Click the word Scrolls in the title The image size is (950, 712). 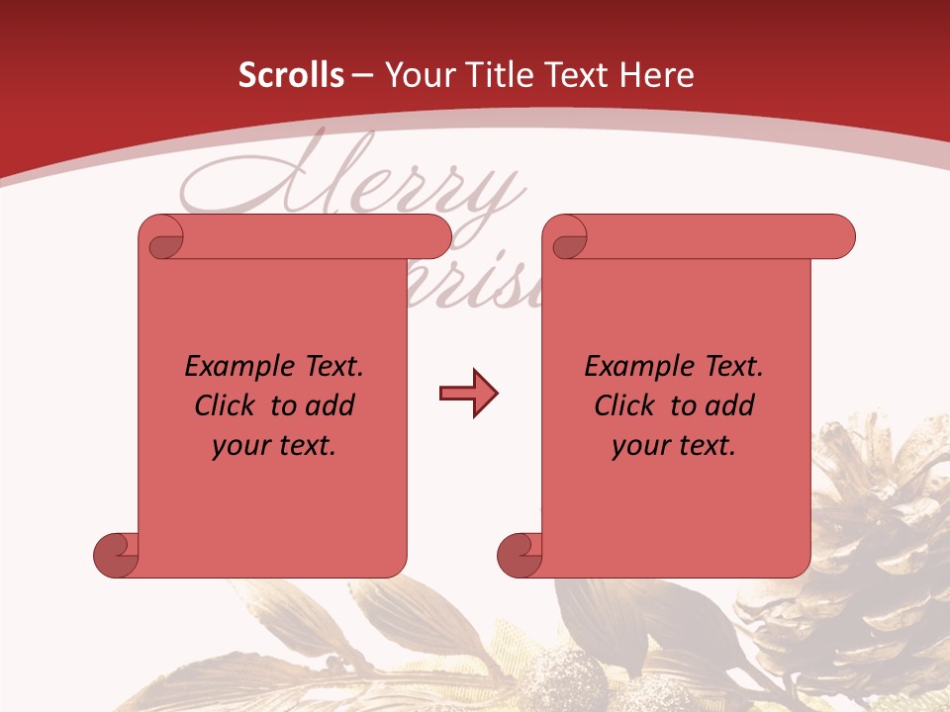[x=291, y=75]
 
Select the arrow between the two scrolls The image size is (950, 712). [x=468, y=394]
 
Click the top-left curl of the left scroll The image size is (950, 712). [x=163, y=238]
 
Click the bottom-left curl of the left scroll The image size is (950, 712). [x=115, y=554]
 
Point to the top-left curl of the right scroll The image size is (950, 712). [x=568, y=238]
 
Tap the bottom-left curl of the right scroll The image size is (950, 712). [x=520, y=554]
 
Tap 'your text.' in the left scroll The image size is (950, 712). [x=274, y=446]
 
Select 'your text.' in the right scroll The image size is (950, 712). [x=674, y=446]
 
